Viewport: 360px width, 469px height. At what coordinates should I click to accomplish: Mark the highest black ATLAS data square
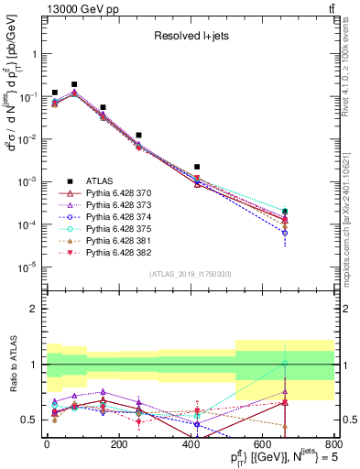tap(74, 84)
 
